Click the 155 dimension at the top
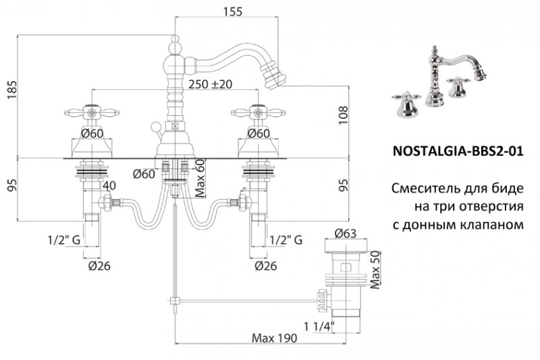232,11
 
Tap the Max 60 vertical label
200,177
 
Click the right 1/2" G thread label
286,240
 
